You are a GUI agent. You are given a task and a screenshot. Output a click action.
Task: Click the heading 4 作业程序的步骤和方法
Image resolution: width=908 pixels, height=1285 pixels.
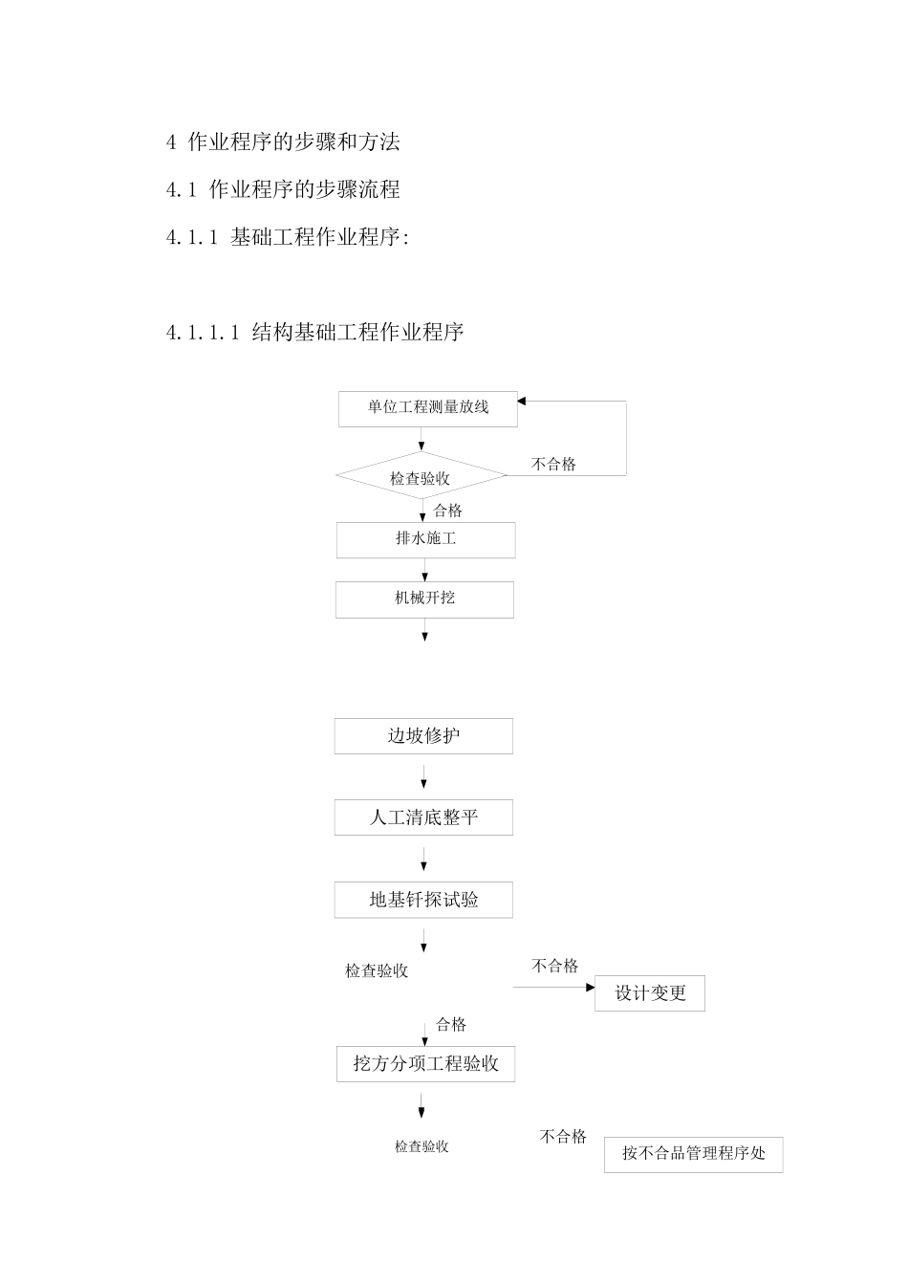tap(283, 142)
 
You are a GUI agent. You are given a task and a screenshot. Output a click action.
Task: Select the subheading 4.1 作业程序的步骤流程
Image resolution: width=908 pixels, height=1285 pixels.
tap(283, 189)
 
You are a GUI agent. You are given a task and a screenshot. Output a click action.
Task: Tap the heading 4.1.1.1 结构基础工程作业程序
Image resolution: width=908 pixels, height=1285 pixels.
tap(314, 333)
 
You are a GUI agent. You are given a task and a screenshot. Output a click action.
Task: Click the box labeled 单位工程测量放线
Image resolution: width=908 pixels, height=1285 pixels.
tap(427, 408)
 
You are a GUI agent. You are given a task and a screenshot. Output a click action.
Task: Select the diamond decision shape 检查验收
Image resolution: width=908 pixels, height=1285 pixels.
tap(420, 477)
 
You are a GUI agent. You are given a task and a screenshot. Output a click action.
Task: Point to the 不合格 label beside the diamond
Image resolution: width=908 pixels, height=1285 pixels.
tap(553, 464)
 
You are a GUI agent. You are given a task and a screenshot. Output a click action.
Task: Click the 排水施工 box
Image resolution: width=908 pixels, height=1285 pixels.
tap(425, 539)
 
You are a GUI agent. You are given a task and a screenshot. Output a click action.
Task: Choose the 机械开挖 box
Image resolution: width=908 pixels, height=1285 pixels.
tap(424, 599)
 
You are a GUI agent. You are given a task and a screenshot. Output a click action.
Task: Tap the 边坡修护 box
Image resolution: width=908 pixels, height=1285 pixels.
tap(423, 736)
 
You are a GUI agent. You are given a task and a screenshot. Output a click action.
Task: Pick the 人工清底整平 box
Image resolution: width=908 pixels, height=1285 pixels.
tap(423, 817)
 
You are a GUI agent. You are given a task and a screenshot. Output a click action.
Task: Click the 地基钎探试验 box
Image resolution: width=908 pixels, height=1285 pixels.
tap(423, 900)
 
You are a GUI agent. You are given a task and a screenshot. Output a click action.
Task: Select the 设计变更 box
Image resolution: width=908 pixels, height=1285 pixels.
tap(650, 993)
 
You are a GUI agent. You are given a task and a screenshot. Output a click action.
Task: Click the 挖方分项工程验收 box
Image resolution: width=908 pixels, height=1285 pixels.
tap(425, 1064)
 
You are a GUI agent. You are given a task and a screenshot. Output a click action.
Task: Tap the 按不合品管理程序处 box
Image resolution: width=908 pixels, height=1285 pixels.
tap(693, 1154)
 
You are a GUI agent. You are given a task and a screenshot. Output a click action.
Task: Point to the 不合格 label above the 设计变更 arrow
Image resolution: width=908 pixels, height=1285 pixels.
tap(554, 966)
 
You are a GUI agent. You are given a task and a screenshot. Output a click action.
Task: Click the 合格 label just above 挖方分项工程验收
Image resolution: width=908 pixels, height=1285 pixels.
tap(451, 1025)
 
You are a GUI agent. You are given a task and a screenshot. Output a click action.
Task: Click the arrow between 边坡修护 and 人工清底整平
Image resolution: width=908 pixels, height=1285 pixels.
tap(423, 776)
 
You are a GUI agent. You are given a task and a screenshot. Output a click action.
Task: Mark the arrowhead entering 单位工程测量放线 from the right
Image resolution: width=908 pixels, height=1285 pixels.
tap(523, 402)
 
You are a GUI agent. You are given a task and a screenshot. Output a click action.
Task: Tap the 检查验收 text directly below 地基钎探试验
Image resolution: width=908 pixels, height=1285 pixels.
tap(377, 970)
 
